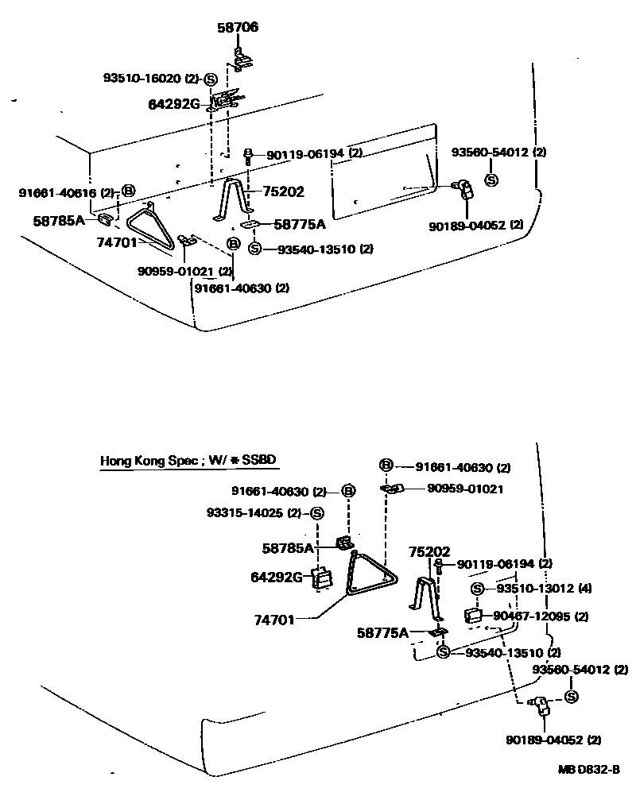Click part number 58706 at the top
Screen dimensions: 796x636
pos(238,28)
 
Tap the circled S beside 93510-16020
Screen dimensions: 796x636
pos(211,79)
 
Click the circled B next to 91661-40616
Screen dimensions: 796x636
pos(129,191)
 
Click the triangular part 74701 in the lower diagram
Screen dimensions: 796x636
pos(372,575)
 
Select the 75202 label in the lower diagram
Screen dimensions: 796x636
pos(429,551)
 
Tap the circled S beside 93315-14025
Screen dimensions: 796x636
pos(316,512)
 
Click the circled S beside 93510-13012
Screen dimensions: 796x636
pos(477,589)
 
